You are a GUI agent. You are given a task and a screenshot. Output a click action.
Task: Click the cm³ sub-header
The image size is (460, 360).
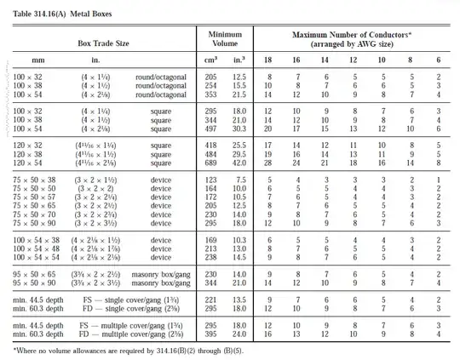[x=211, y=60]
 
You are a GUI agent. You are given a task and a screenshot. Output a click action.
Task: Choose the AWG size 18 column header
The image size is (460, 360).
[x=269, y=60]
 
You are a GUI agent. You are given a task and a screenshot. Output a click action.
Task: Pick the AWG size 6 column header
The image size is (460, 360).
[x=438, y=60]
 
